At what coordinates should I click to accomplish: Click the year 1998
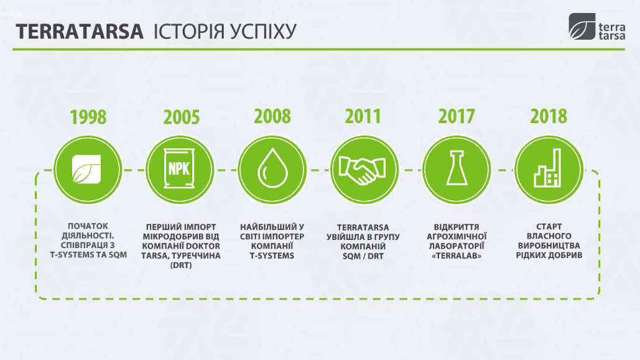pos(88,117)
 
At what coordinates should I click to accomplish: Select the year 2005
pos(182,117)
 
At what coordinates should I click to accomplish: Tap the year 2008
pos(272,116)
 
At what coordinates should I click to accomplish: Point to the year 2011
pos(363,116)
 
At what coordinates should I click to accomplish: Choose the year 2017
pos(457,116)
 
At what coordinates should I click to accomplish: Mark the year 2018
pos(549,116)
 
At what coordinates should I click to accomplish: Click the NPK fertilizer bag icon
pos(179,168)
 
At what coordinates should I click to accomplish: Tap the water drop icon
pos(272,168)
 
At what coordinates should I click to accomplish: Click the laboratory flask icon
pos(457,168)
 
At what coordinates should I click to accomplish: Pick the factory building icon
pos(548,168)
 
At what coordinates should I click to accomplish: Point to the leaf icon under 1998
pos(86,169)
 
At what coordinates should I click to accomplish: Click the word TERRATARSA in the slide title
pos(80,32)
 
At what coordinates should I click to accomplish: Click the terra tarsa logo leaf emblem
pos(582,27)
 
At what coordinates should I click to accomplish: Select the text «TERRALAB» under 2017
pos(457,256)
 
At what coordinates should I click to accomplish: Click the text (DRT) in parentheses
pos(181,265)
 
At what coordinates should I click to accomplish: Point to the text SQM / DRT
pos(363,256)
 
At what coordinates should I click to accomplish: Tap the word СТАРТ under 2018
pos(549,226)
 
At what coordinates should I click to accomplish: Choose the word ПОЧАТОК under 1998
pos(88,226)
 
